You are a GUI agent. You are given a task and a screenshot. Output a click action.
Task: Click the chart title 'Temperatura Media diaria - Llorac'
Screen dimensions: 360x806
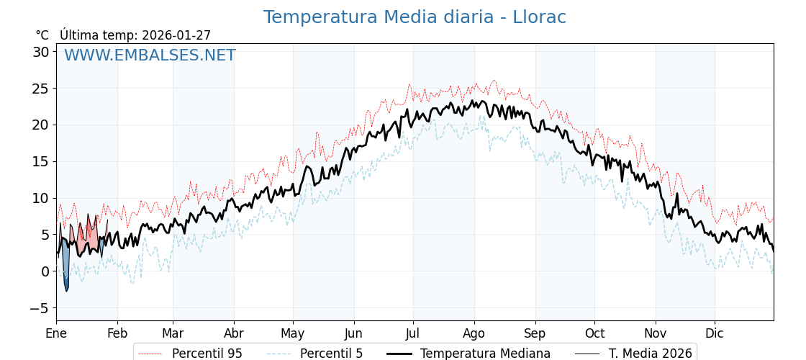(415, 17)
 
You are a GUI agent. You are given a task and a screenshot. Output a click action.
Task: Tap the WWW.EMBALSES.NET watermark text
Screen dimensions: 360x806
(150, 55)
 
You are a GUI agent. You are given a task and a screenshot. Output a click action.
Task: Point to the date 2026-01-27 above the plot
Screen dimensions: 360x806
(176, 35)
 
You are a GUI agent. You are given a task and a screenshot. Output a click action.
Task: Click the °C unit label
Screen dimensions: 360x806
(42, 35)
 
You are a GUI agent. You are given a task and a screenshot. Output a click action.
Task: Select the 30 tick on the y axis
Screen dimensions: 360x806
(40, 52)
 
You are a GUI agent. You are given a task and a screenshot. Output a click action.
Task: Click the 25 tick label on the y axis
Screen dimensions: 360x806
(40, 89)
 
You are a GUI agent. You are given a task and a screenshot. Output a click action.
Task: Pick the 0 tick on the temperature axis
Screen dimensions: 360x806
(45, 271)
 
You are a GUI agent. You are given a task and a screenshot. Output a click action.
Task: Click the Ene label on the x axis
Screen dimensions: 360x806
(56, 333)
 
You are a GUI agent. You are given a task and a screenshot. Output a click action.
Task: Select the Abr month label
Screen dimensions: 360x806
(234, 333)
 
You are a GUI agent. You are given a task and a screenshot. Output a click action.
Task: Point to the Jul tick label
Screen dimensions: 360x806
(413, 333)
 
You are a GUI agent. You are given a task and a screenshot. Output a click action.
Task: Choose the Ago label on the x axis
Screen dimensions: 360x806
(474, 333)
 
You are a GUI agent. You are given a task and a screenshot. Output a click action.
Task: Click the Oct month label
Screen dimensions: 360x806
(594, 333)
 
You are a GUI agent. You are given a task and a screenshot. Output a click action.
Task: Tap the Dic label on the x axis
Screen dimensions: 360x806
(715, 333)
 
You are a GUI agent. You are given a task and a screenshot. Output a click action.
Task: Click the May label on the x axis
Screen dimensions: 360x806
(293, 333)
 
